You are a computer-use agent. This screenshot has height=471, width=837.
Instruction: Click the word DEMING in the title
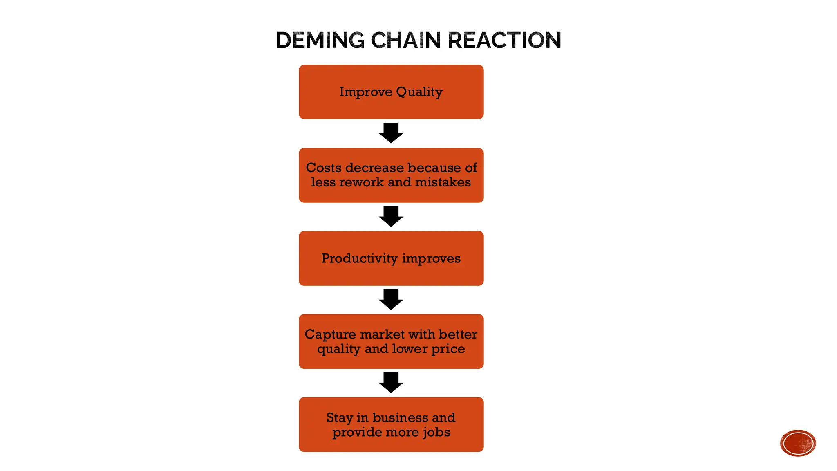pyautogui.click(x=320, y=40)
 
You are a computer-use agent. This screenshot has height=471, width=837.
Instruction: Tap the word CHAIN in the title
pyautogui.click(x=405, y=40)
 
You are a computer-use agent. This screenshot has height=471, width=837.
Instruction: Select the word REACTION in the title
pyautogui.click(x=504, y=40)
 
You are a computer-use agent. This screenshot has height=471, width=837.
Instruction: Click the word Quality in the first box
pyautogui.click(x=419, y=92)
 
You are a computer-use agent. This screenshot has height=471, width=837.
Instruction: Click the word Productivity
pyautogui.click(x=359, y=258)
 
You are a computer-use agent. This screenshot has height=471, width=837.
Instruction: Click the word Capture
pyautogui.click(x=330, y=334)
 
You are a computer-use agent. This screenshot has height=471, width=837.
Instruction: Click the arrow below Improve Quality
pyautogui.click(x=391, y=132)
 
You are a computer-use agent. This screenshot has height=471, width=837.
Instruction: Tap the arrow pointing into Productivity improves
pyautogui.click(x=391, y=216)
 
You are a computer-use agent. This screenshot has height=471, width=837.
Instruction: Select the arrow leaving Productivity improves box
pyautogui.click(x=391, y=299)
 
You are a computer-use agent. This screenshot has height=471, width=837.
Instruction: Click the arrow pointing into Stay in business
pyautogui.click(x=391, y=382)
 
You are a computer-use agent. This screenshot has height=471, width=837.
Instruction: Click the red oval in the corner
pyautogui.click(x=797, y=443)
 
